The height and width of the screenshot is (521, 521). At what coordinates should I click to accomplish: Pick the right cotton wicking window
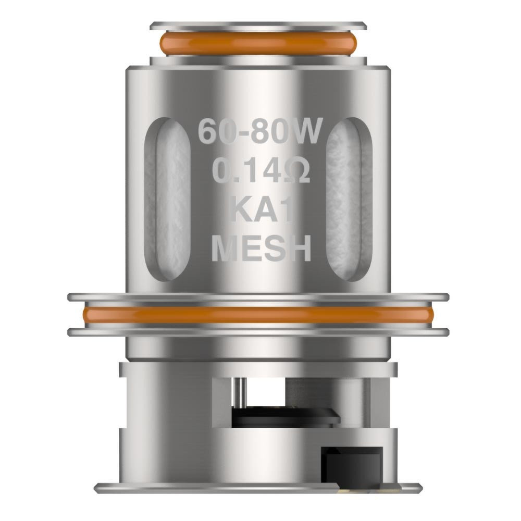(350, 199)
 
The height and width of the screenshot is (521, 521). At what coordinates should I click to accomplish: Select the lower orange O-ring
(258, 315)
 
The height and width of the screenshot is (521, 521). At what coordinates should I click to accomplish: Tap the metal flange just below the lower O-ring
(258, 332)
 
